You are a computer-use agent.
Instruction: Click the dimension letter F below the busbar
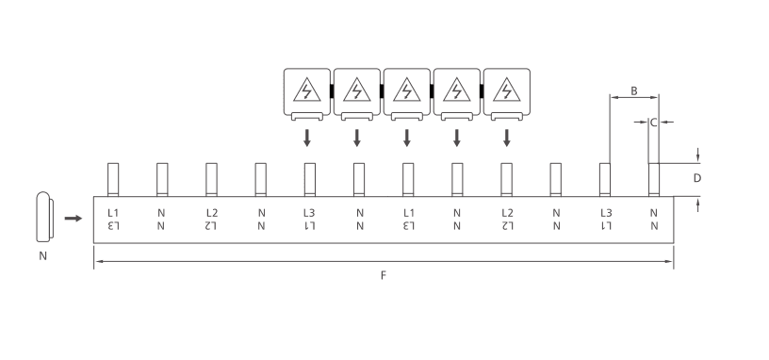click(384, 275)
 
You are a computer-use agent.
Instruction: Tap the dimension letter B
click(634, 90)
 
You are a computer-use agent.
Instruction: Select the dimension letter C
click(653, 123)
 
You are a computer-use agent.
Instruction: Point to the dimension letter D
click(697, 178)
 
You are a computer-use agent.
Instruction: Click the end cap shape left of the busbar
click(44, 217)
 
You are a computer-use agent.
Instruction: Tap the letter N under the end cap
click(42, 256)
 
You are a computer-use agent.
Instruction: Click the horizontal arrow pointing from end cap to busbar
click(74, 219)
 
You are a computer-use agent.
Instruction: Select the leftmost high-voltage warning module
click(307, 94)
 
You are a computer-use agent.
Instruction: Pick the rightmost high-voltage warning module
click(507, 94)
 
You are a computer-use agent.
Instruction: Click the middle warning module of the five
click(407, 94)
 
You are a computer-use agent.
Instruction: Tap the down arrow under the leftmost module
click(307, 138)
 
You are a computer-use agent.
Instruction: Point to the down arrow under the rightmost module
click(507, 138)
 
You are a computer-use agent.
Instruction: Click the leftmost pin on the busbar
click(113, 179)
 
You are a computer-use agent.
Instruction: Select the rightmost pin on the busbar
click(654, 179)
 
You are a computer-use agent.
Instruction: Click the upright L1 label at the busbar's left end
click(113, 213)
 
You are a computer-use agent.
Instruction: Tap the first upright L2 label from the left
click(212, 213)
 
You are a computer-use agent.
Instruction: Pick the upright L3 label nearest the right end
click(606, 213)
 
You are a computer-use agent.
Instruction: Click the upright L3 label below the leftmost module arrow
click(309, 213)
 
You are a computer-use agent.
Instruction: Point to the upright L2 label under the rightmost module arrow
click(508, 213)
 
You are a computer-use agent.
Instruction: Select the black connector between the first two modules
click(332, 91)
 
